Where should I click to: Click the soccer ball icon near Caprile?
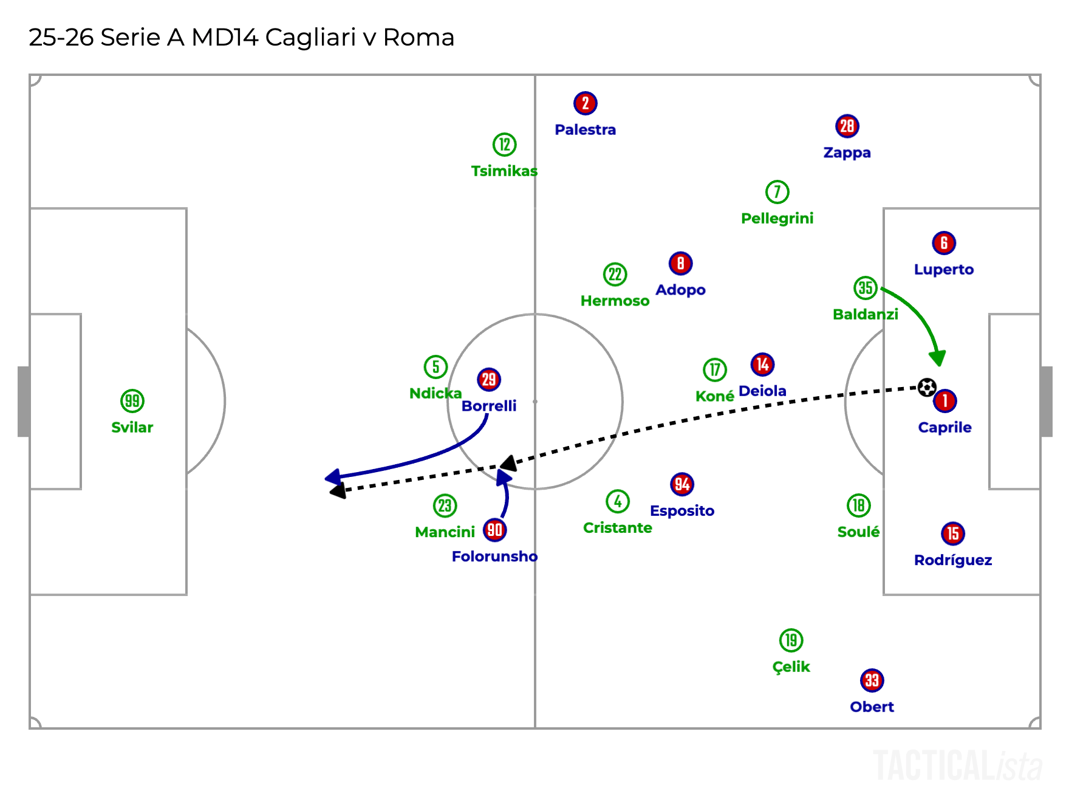(x=926, y=387)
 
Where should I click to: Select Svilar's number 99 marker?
(x=132, y=401)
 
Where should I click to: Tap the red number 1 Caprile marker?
(x=944, y=401)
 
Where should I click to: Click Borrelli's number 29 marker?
(x=489, y=380)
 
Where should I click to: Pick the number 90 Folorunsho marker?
(x=494, y=530)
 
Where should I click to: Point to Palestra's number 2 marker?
(x=585, y=103)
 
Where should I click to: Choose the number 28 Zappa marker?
(x=847, y=126)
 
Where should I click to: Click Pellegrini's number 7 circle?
(x=777, y=192)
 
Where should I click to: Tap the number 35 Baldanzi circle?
(x=865, y=288)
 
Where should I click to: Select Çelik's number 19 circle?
(x=791, y=640)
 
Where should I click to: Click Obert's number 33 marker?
(x=872, y=680)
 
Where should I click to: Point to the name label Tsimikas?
(x=504, y=171)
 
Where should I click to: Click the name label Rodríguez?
(x=952, y=560)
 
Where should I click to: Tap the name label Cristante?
(x=617, y=528)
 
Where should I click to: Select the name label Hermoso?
(x=615, y=301)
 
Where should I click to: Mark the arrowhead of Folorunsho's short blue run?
(x=503, y=478)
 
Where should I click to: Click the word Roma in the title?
(x=418, y=38)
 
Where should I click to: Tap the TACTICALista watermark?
(x=957, y=766)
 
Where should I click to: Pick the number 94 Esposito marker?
(x=681, y=484)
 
